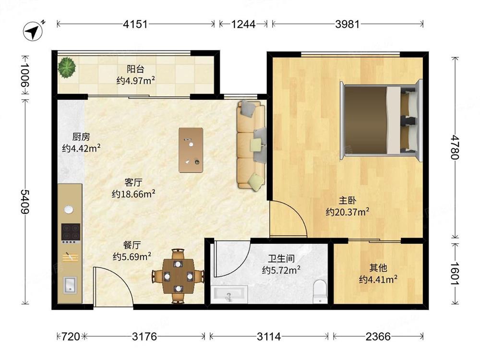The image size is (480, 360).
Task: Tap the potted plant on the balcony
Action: (x=67, y=67)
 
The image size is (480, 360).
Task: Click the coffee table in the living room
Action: (x=191, y=149)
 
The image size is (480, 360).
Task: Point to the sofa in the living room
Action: (x=251, y=144)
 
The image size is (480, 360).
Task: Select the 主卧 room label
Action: (x=347, y=200)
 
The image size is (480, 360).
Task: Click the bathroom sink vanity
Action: (x=229, y=293)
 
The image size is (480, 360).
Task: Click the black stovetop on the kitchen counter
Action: (x=70, y=232)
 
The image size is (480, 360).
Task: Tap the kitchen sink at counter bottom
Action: (x=70, y=285)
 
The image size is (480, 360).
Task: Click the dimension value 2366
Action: (x=378, y=336)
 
